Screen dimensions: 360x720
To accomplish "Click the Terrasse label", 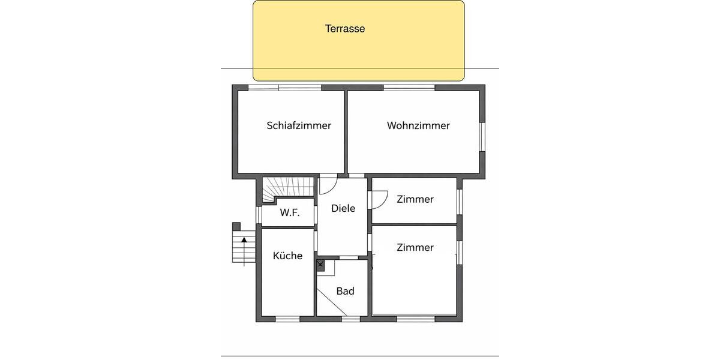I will pos(345,28).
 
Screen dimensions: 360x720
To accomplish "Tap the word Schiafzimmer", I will pos(299,125).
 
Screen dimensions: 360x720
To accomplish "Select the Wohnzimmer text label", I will pos(418,125).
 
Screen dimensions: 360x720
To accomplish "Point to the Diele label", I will pos(343,208).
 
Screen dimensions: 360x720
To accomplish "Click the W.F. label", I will pos(289,213).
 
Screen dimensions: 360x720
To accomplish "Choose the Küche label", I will pos(287,256).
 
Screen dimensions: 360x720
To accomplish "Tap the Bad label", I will pos(345,291).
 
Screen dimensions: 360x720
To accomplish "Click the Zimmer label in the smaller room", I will pos(415,199).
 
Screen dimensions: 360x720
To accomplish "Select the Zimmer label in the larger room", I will pos(415,247).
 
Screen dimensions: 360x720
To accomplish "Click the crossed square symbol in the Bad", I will pos(320,265).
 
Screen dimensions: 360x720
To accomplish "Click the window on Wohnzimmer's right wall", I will pos(482,137).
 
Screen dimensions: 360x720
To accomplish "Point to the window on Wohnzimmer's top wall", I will pos(409,88).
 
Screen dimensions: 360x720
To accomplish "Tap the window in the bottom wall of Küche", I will pos(287,319).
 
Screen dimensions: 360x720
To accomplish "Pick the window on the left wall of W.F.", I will pos(259,215).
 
